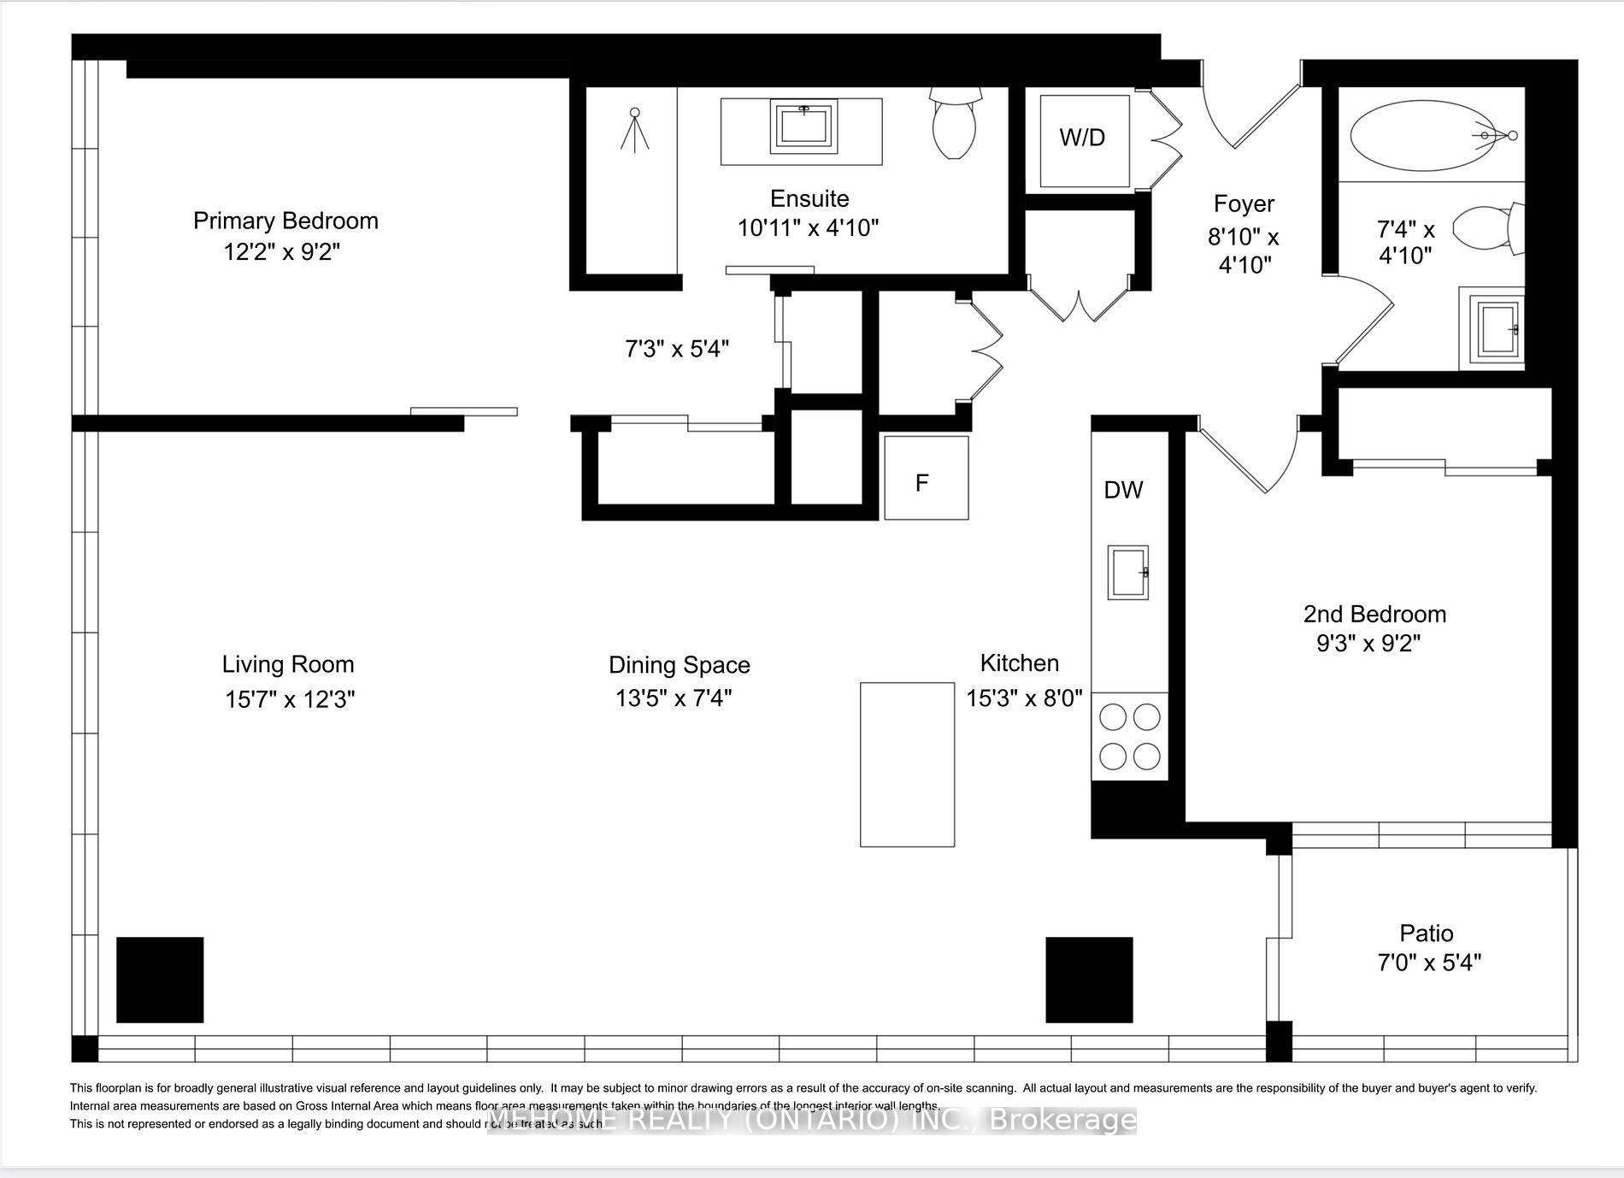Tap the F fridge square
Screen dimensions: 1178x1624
tap(926, 478)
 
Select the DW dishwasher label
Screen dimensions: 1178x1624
tap(1123, 490)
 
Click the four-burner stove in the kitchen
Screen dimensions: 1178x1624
tap(1129, 736)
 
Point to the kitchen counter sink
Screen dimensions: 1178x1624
tap(1128, 572)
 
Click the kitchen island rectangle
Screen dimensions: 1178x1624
tap(907, 764)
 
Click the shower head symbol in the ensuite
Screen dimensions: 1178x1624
tap(634, 130)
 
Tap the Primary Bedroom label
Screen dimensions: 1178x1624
tap(285, 221)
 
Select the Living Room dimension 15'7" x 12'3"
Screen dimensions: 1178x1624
tap(290, 699)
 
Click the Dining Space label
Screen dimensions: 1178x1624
tap(679, 665)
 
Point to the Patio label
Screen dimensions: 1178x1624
tap(1426, 933)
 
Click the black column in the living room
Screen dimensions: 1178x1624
tap(160, 980)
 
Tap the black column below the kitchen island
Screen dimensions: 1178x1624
tap(1089, 980)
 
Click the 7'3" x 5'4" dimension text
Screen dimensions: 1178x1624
tap(676, 349)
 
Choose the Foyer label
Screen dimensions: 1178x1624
tap(1244, 204)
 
